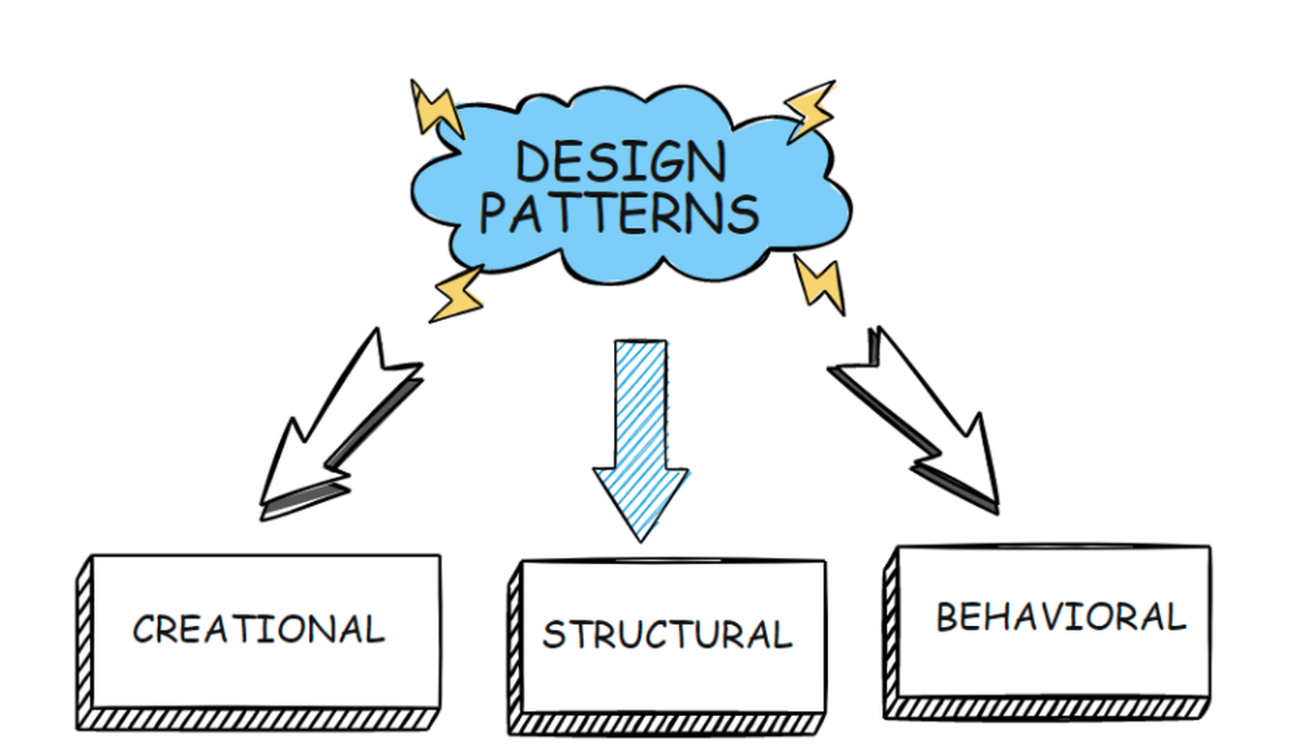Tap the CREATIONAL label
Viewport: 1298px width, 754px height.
click(x=258, y=630)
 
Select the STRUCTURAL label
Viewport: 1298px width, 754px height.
click(x=667, y=635)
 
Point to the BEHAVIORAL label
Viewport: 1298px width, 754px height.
click(x=1060, y=618)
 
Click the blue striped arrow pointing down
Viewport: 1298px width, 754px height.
click(x=641, y=422)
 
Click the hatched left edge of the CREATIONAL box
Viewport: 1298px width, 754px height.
click(x=84, y=640)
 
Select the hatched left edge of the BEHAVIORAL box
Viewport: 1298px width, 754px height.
click(x=891, y=628)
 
